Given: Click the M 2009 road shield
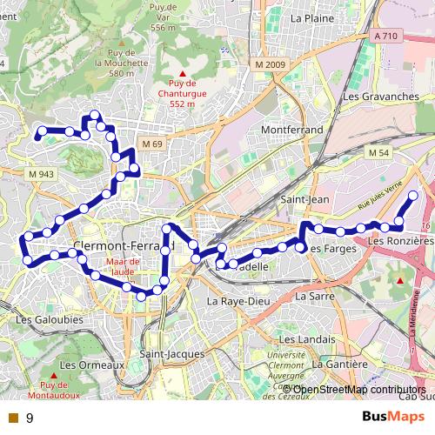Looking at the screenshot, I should click(x=271, y=65).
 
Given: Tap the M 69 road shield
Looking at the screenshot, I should click(x=152, y=144).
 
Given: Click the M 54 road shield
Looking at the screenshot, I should click(x=378, y=153).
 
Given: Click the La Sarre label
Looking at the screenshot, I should click(x=315, y=296).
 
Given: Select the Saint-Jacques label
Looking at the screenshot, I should click(x=172, y=354).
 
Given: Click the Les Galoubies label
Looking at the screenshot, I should click(x=49, y=319).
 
